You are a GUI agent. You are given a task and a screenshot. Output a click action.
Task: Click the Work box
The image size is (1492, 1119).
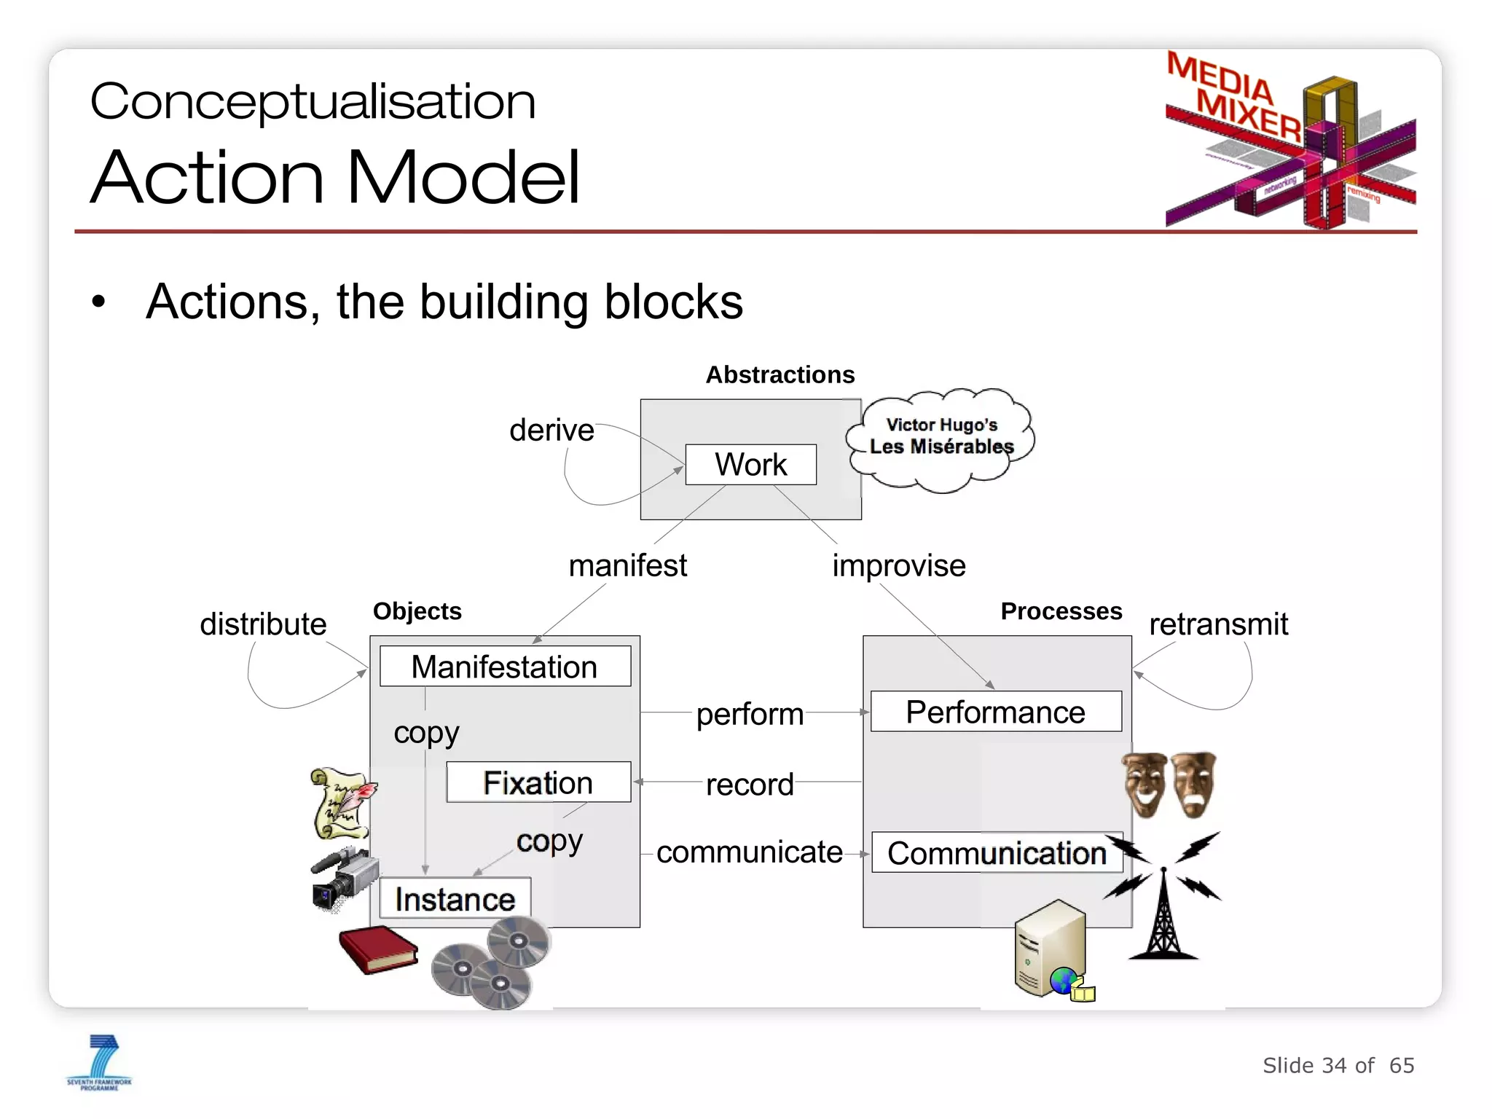click(750, 465)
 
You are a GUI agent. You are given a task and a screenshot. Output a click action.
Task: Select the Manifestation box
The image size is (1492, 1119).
click(505, 667)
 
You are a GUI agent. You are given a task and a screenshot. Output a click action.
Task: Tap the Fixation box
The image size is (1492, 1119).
click(538, 782)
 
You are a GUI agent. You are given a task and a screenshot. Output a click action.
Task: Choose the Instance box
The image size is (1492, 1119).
click(455, 899)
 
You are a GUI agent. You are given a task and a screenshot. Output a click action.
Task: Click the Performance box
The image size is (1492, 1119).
click(995, 712)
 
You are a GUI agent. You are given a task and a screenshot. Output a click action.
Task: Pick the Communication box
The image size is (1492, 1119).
click(996, 852)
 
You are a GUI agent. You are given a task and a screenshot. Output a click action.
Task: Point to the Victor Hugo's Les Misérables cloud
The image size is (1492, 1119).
click(941, 437)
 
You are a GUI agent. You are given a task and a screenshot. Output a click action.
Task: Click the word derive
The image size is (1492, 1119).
click(551, 430)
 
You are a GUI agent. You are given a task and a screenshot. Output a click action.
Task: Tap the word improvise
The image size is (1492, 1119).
click(898, 565)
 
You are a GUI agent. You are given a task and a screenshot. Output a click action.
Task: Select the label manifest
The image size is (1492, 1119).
click(627, 565)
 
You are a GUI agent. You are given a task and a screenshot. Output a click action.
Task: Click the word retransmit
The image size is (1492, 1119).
click(1218, 624)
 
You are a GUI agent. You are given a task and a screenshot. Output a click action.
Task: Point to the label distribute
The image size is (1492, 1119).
click(263, 624)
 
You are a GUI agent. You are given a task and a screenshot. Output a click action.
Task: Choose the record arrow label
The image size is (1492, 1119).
click(749, 785)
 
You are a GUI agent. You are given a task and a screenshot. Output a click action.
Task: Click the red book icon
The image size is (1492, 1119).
click(378, 949)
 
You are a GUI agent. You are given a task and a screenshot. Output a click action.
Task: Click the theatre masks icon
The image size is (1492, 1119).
click(1169, 785)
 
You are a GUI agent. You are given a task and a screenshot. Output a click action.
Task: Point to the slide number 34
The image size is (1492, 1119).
click(1334, 1065)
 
